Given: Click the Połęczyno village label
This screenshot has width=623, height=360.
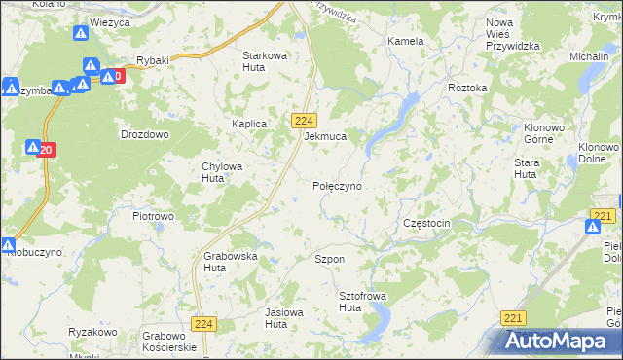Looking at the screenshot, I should (337, 184).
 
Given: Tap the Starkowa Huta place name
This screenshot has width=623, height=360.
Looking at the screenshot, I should (265, 61).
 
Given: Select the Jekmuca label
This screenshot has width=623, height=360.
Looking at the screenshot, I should (325, 137).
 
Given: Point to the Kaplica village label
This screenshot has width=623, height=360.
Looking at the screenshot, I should (249, 125).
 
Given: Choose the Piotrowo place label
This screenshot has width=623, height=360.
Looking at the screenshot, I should (153, 215).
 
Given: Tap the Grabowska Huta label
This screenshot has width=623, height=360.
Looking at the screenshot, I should (230, 262).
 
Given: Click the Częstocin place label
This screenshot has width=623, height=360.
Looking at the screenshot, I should (426, 223).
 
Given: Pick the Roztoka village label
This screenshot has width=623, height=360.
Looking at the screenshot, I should (467, 88).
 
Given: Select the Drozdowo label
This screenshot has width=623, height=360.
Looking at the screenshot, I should (144, 134).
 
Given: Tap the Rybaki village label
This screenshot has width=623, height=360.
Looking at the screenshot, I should (153, 59).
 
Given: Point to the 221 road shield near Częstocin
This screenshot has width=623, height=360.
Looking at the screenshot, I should (604, 216).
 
